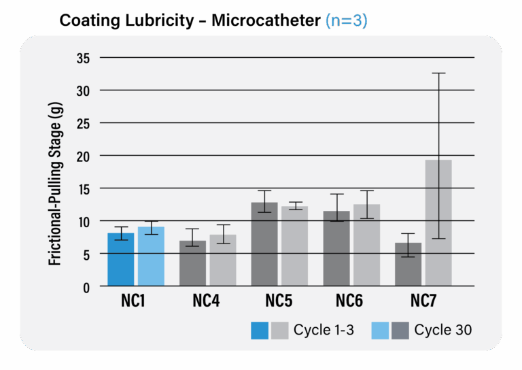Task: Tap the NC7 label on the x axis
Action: (423, 300)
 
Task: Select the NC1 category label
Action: (135, 300)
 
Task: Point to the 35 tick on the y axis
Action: (83, 58)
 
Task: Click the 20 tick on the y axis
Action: (83, 156)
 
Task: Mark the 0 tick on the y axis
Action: (86, 287)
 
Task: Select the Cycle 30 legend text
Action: (442, 331)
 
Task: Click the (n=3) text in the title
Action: (346, 20)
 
